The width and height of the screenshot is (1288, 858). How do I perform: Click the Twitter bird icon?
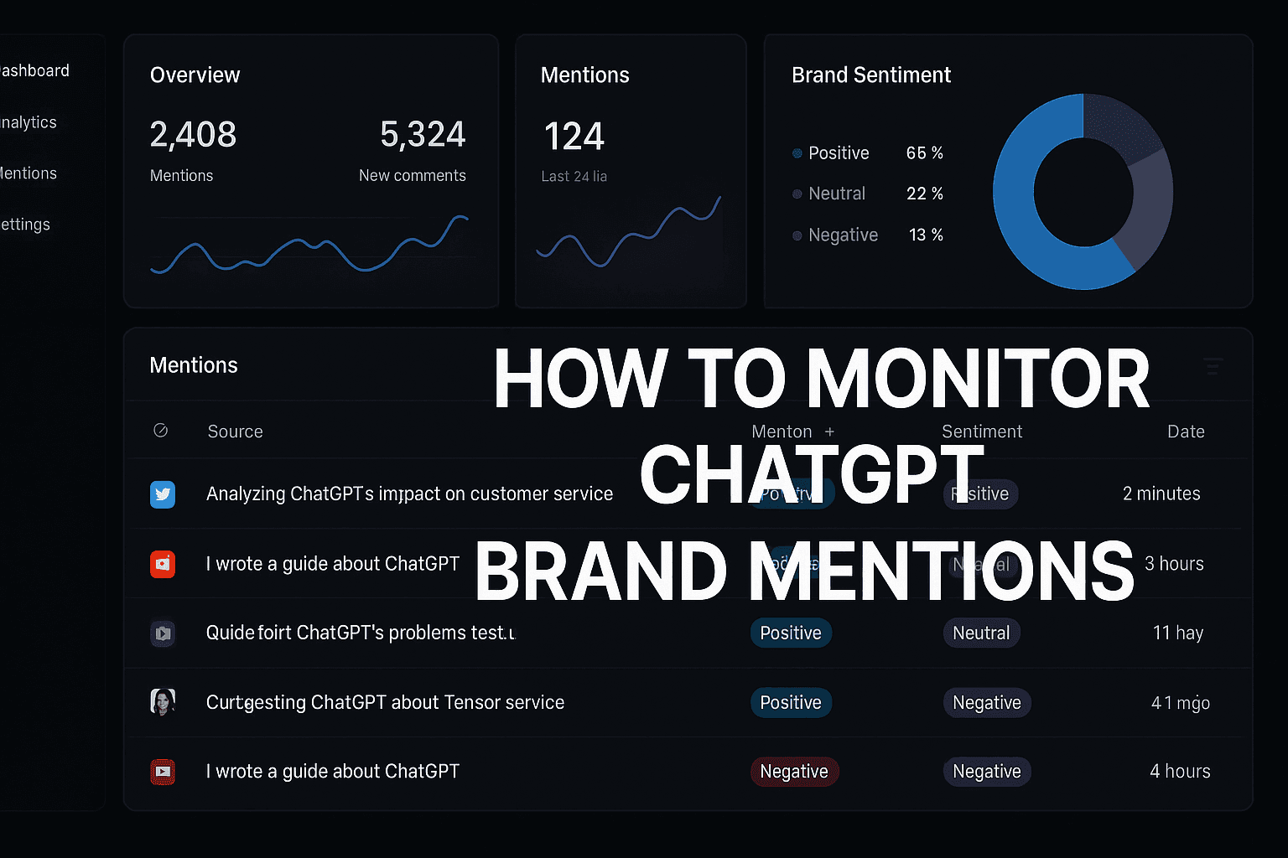pyautogui.click(x=163, y=494)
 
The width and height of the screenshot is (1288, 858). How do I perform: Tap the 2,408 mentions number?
pyautogui.click(x=193, y=134)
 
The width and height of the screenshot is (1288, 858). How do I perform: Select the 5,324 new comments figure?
pyautogui.click(x=423, y=134)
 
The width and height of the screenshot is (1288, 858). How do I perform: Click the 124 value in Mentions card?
pyautogui.click(x=574, y=137)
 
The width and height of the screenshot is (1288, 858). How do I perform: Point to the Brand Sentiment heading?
pyautogui.click(x=871, y=75)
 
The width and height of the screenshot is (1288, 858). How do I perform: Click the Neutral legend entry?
pyautogui.click(x=836, y=194)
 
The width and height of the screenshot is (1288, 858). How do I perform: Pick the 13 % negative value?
pyautogui.click(x=926, y=235)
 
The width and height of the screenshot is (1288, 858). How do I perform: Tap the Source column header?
pyautogui.click(x=235, y=432)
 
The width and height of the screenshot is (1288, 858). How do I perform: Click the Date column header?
pyautogui.click(x=1186, y=432)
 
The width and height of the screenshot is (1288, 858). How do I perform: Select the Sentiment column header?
pyautogui.click(x=982, y=432)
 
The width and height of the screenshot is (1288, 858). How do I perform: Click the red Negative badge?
pyautogui.click(x=794, y=772)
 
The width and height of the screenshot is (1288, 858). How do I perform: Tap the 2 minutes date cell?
pyautogui.click(x=1161, y=494)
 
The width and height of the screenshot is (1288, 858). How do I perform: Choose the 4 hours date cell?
pyautogui.click(x=1180, y=771)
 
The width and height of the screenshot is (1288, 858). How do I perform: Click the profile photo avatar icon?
pyautogui.click(x=163, y=702)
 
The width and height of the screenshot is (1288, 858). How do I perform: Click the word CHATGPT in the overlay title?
pyautogui.click(x=812, y=474)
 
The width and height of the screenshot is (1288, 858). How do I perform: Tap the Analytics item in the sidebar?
pyautogui.click(x=29, y=122)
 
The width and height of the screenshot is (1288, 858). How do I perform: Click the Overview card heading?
pyautogui.click(x=195, y=75)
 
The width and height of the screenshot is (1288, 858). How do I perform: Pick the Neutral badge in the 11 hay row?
pyautogui.click(x=981, y=633)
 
